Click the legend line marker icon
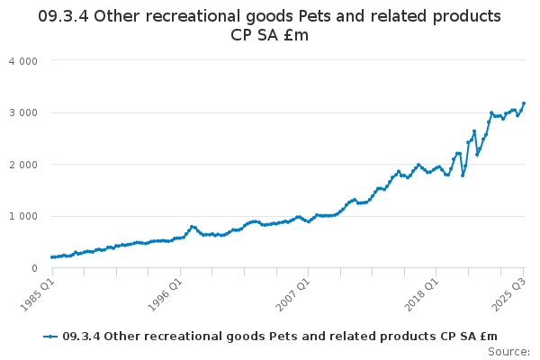tap(51, 337)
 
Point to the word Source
tap(509, 352)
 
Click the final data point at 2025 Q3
tap(524, 103)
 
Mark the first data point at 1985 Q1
tap(52, 257)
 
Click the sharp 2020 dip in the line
tap(463, 175)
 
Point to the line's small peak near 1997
tap(193, 227)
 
